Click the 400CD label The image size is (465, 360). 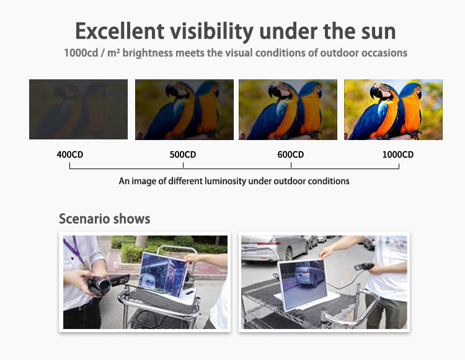pos(70,155)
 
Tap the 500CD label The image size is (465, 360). pos(183,155)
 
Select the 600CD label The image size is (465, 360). pos(291,155)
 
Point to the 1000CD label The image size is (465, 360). pos(397,155)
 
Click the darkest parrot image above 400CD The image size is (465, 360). pos(78,109)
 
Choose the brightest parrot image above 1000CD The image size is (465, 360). pos(393,110)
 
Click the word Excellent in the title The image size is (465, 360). pos(120,31)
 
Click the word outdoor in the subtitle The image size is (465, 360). pos(335,53)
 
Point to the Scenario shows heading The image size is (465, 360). pos(104,219)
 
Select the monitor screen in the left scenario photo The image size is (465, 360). pos(163,274)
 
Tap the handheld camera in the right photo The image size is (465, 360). pos(364,266)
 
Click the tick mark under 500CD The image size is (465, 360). pos(184,165)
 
